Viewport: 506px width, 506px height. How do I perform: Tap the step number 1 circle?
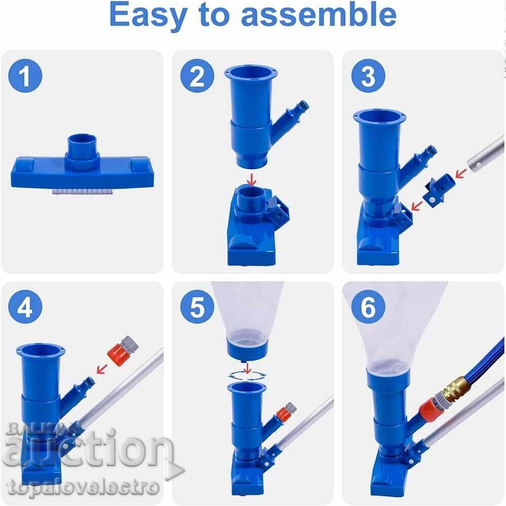25,77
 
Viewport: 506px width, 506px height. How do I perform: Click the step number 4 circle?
25,308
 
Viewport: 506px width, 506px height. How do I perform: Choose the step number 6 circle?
368,308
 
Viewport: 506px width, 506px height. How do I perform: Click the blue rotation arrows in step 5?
247,375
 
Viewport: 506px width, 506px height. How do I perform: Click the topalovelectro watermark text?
81,487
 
